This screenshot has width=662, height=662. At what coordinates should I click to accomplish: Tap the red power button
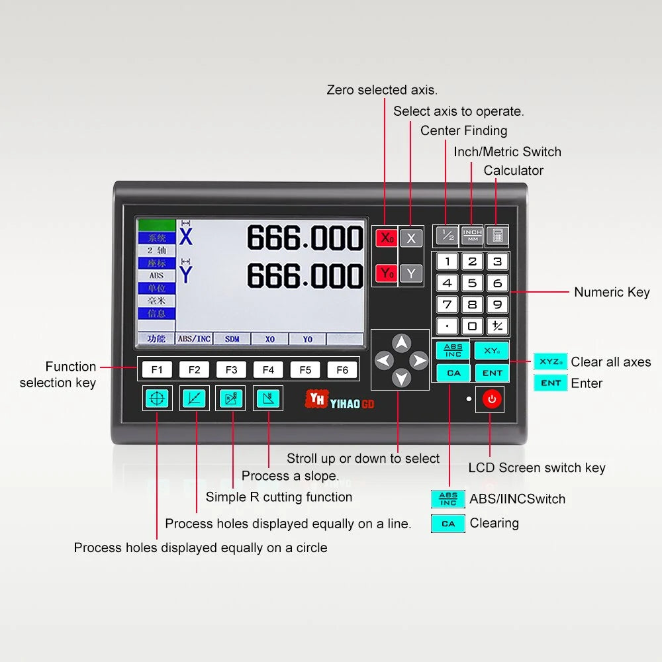coord(491,399)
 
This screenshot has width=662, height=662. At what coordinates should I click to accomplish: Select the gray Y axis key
coord(411,273)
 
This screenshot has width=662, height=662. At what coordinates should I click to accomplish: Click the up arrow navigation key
coord(401,342)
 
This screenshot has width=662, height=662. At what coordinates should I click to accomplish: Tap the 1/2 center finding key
coord(447,235)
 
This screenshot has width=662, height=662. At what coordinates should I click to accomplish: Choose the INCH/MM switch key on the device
coord(472,235)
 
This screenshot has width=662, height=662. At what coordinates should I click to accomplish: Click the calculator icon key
coord(497,235)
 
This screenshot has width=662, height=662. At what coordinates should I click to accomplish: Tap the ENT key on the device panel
coord(492,373)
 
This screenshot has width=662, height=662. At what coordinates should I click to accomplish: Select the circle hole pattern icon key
coord(159,399)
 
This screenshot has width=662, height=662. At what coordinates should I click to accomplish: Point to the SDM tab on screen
coord(232,339)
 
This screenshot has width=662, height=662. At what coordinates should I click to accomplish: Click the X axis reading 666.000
coord(305,238)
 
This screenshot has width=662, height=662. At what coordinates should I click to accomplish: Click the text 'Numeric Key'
coord(611,292)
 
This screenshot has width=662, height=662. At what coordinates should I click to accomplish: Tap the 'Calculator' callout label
coord(513,170)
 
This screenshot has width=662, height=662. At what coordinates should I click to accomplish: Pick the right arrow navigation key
coord(419,361)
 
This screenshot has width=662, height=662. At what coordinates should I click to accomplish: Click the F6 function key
coord(342,369)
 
